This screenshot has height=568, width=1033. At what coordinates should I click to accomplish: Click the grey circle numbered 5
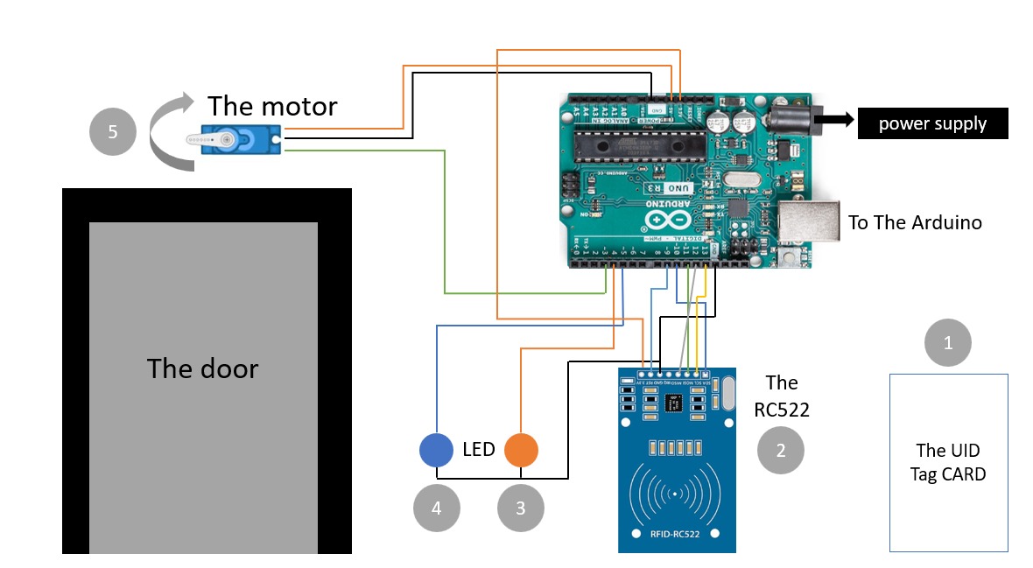pyautogui.click(x=113, y=133)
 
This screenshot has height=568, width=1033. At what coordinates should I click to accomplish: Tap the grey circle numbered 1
pyautogui.click(x=948, y=342)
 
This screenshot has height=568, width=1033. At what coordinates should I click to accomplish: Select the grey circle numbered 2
pyautogui.click(x=781, y=450)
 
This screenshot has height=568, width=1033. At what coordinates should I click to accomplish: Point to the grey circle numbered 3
pyautogui.click(x=520, y=508)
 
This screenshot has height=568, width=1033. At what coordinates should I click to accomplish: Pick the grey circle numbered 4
pyautogui.click(x=436, y=508)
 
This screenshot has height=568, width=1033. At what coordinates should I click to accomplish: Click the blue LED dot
pyautogui.click(x=436, y=451)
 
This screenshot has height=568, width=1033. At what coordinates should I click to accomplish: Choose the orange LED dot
pyautogui.click(x=520, y=451)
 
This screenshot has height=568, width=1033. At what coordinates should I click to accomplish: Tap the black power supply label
pyautogui.click(x=932, y=123)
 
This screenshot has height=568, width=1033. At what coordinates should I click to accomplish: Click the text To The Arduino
pyautogui.click(x=915, y=222)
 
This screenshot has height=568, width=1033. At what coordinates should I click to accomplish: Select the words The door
pyautogui.click(x=202, y=368)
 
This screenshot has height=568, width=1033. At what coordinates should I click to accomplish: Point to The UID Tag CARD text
pyautogui.click(x=950, y=462)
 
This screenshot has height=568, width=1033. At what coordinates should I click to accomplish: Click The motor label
pyautogui.click(x=272, y=106)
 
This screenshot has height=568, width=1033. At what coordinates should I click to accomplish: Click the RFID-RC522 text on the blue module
pyautogui.click(x=677, y=532)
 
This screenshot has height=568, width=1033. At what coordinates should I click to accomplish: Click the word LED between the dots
pyautogui.click(x=478, y=450)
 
